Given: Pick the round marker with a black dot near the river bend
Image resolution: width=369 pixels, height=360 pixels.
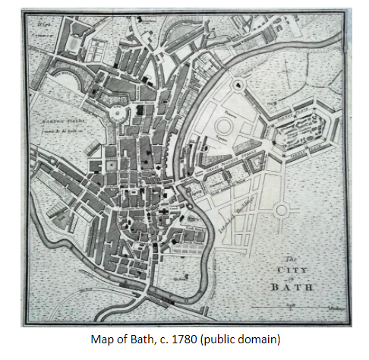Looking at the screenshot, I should click(x=240, y=84).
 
